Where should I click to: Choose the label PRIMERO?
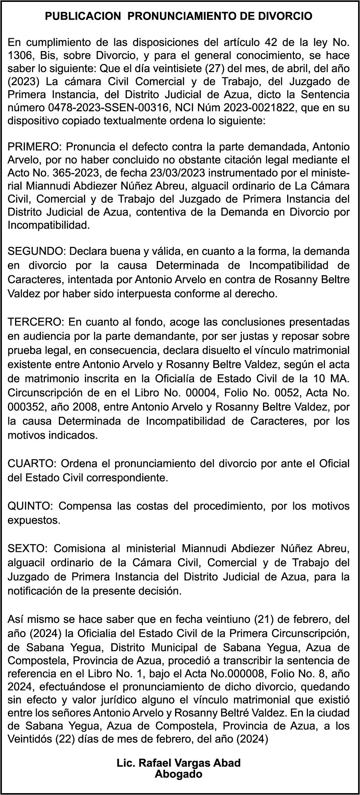[x=35, y=146]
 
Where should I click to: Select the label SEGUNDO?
[x=37, y=251]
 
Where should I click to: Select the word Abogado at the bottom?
[x=178, y=775]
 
